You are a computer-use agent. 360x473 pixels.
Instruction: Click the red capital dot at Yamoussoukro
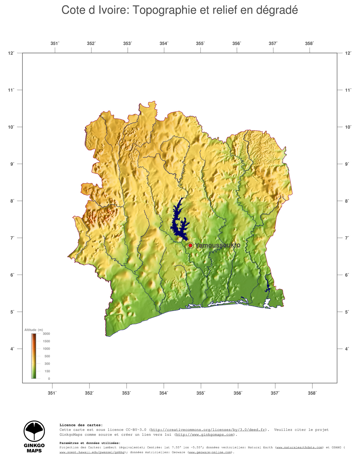tap(190, 246)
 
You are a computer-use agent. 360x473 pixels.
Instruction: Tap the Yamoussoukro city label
tap(217, 245)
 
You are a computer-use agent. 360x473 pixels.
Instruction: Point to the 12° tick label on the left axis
tap(11, 53)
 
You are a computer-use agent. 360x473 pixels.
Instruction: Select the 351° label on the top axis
tap(55, 44)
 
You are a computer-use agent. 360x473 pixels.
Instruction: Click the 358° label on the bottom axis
tap(312, 393)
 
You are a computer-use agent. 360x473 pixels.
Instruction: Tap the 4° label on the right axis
tap(348, 349)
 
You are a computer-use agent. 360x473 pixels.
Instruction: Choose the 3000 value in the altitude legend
tap(46, 334)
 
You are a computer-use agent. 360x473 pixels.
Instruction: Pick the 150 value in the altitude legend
tap(47, 371)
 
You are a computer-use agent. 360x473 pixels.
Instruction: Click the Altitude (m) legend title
tap(34, 330)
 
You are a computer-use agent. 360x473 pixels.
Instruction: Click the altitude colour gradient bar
tap(34, 356)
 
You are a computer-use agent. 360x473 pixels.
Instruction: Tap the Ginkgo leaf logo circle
tap(34, 431)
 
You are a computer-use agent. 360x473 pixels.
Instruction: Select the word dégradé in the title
tap(277, 10)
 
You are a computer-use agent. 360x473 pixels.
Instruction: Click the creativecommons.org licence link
tap(208, 430)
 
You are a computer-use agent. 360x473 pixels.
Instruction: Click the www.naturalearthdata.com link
tap(299, 447)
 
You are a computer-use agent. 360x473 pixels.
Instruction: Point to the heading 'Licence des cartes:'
tap(81, 425)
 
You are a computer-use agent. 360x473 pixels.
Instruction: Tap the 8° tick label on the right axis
tap(348, 201)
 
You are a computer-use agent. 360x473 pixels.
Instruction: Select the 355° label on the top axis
tap(200, 44)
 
